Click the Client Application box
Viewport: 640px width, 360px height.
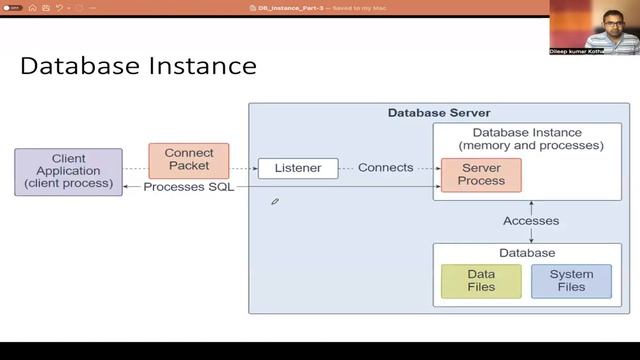coord(68,172)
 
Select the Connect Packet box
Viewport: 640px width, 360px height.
coord(189,160)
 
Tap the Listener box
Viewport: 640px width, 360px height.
coord(298,168)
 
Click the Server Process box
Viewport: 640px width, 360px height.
coord(481,176)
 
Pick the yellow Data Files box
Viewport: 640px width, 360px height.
coord(481,281)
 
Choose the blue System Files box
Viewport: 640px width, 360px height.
coord(571,281)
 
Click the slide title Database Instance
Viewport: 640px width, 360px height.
coord(138,66)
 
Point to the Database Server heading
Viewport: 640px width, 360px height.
coord(439,113)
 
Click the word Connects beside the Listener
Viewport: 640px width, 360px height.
coord(385,168)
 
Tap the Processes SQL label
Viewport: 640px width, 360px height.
coord(189,187)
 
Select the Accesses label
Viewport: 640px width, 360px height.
coord(531,221)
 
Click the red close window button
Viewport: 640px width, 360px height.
coord(7,8)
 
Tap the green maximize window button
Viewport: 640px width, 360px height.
coord(31,8)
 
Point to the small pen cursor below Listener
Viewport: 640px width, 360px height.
coord(275,201)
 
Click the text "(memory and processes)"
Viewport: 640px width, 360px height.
coord(531,146)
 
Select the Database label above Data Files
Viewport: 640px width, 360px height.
coord(527,253)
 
